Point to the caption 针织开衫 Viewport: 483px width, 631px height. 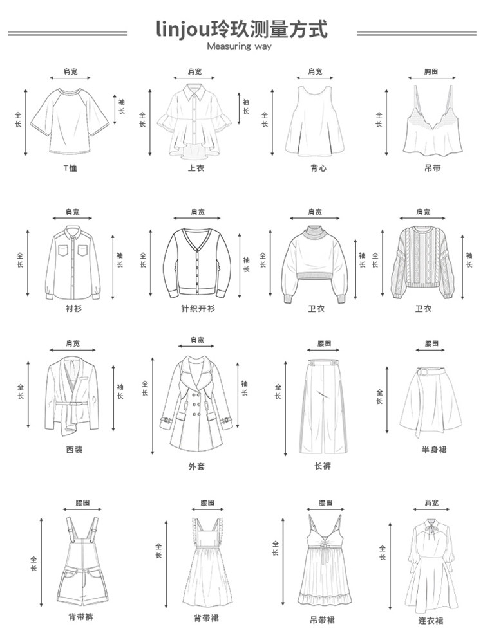(x=198, y=309)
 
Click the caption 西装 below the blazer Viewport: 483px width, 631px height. (x=74, y=450)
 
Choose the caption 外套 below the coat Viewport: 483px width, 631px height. (x=196, y=466)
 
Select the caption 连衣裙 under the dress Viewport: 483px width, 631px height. (x=430, y=620)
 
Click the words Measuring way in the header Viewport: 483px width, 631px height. (x=240, y=46)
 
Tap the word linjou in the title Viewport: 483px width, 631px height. (x=184, y=29)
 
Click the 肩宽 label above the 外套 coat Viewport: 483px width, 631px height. (x=197, y=340)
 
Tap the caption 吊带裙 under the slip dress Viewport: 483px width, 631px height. (x=322, y=619)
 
